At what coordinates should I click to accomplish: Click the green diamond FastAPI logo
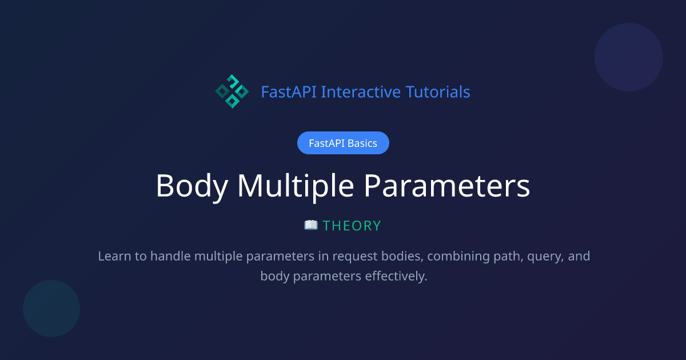pyautogui.click(x=232, y=91)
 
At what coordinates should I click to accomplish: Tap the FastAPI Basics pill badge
pyautogui.click(x=343, y=143)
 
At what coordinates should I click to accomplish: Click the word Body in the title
pyautogui.click(x=192, y=186)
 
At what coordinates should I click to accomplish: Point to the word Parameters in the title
pyautogui.click(x=447, y=186)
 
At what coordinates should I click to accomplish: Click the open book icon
pyautogui.click(x=311, y=225)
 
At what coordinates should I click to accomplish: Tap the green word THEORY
pyautogui.click(x=352, y=226)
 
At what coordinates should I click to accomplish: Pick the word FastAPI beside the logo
pyautogui.click(x=289, y=91)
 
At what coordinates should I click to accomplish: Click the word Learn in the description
pyautogui.click(x=114, y=256)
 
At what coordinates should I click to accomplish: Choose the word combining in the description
pyautogui.click(x=456, y=256)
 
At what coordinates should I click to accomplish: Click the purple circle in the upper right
pyautogui.click(x=629, y=57)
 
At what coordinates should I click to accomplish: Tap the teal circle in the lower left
pyautogui.click(x=51, y=309)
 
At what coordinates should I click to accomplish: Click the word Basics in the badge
pyautogui.click(x=361, y=143)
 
